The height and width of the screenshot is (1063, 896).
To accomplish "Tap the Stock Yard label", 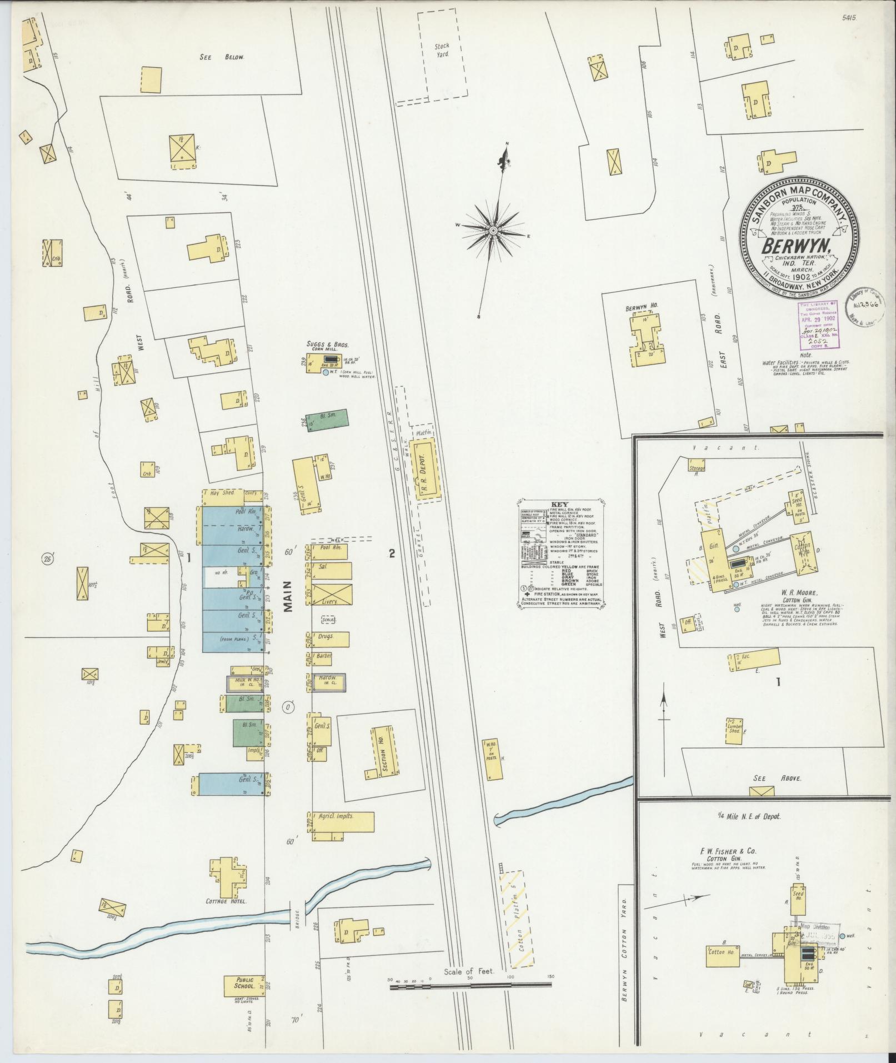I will pos(442,50).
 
